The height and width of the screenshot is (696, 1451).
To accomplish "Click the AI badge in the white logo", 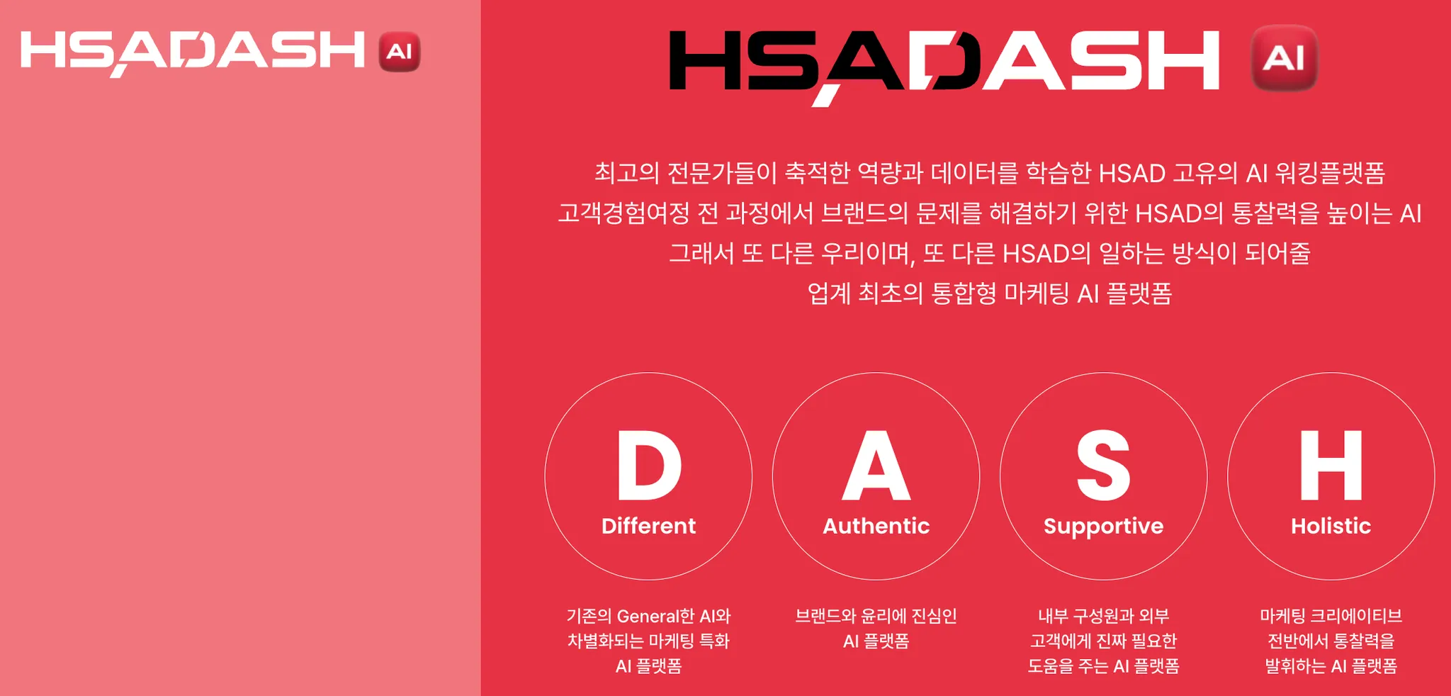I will [x=400, y=52].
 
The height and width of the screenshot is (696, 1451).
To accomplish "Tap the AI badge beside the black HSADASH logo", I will [x=1284, y=58].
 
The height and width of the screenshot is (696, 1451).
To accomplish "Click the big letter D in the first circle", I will [x=648, y=466].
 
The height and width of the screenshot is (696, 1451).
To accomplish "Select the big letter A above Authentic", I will [x=876, y=466].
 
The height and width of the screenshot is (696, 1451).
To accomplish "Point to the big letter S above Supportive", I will [x=1103, y=466].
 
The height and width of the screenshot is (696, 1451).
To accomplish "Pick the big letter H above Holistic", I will [x=1331, y=466].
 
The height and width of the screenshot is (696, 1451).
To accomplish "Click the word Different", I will [x=648, y=526].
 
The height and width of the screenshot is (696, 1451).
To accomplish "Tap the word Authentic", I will [x=876, y=526].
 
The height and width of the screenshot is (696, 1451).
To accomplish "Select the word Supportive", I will [x=1103, y=526].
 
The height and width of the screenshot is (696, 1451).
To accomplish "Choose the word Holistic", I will [x=1331, y=526].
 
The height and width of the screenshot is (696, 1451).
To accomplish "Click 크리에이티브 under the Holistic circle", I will [x=1356, y=616].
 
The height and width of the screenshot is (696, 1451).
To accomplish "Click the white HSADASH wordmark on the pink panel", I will [x=193, y=52].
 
